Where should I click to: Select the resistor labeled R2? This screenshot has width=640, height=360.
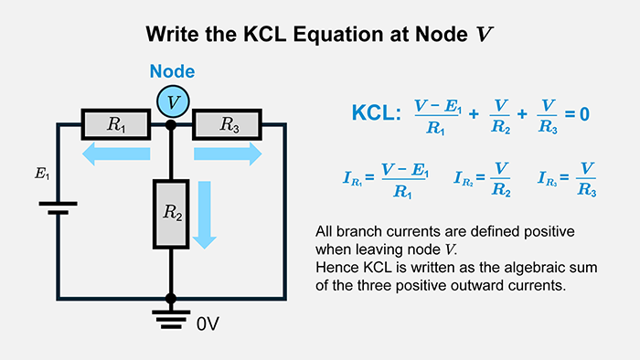tap(171, 213)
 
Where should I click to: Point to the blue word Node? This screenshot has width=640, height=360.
tap(172, 71)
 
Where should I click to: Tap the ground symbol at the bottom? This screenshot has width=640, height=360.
tap(171, 317)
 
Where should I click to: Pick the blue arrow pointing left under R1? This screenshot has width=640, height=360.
tap(115, 155)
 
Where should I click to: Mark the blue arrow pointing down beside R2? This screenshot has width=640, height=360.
tap(206, 215)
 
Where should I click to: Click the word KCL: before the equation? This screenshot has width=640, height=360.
tap(376, 114)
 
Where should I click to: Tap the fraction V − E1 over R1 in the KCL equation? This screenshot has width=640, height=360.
tap(436, 115)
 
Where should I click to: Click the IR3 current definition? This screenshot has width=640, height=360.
tap(569, 180)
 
